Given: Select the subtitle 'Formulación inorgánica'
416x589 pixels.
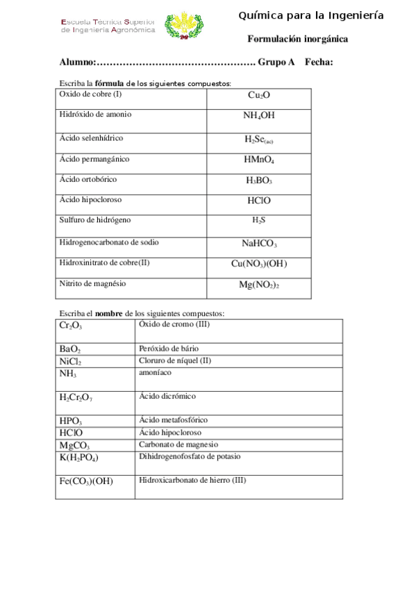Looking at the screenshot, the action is (x=298, y=40).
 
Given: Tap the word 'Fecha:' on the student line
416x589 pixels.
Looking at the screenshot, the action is (x=319, y=63).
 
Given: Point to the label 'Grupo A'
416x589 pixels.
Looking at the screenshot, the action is (x=276, y=63).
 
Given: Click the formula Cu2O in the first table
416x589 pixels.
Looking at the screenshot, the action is (x=259, y=95).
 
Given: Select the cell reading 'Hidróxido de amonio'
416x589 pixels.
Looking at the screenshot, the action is (x=95, y=114).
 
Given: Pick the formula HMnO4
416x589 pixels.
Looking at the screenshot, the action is (x=259, y=160).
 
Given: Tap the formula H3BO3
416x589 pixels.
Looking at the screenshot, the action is (x=259, y=181).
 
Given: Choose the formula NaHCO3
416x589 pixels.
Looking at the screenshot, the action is (x=259, y=244).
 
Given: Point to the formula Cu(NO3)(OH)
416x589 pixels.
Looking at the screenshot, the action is (x=259, y=264).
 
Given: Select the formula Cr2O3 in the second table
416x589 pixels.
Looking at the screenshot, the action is (x=71, y=326).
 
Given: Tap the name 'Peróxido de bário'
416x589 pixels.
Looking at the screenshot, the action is (x=171, y=348).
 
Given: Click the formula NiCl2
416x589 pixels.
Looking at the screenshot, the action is (x=71, y=362).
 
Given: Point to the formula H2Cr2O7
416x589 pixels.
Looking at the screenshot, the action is (x=76, y=397).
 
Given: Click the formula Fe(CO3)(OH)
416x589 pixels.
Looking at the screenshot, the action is (x=86, y=481).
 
